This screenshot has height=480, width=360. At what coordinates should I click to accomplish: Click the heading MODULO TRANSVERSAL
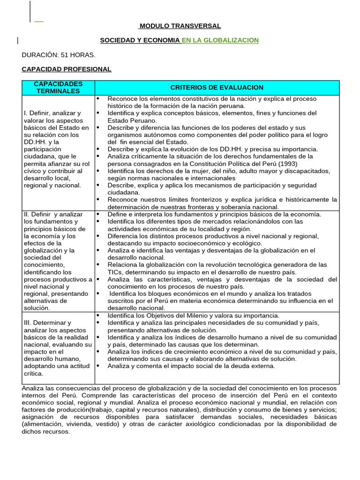pyautogui.click(x=180, y=26)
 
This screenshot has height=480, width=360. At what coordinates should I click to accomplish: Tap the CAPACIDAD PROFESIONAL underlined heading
pyautogui.click(x=67, y=69)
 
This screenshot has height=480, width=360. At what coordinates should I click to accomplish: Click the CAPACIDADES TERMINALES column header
pyautogui.click(x=58, y=87)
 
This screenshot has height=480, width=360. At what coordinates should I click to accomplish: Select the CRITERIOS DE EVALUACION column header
pyautogui.click(x=217, y=87)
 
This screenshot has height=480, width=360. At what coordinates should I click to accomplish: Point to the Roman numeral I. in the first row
pyautogui.click(x=26, y=113)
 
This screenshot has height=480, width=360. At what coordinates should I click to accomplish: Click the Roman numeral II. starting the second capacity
pyautogui.click(x=27, y=214)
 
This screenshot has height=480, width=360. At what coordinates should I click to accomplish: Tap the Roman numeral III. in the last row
pyautogui.click(x=29, y=322)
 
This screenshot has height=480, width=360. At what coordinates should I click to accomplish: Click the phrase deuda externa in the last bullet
pyautogui.click(x=253, y=366)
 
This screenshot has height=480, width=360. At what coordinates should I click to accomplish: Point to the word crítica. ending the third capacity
pyautogui.click(x=33, y=373)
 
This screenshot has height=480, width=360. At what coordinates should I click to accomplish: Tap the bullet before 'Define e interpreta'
pyautogui.click(x=98, y=214)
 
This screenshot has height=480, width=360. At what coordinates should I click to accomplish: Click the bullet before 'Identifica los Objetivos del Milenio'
pyautogui.click(x=98, y=315)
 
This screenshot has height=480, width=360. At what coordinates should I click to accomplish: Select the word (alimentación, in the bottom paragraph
pyautogui.click(x=45, y=424)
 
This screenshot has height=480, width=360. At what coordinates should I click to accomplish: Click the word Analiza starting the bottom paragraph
pyautogui.click(x=34, y=388)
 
